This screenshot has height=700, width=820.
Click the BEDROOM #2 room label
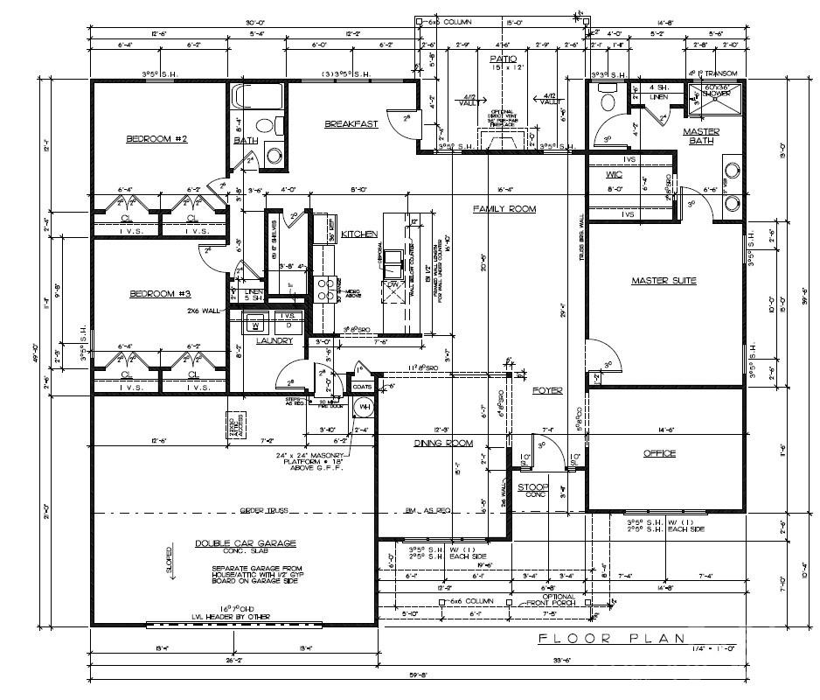pos(157,139)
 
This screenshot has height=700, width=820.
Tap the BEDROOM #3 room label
pos(160,294)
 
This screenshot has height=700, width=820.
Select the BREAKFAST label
pos(351,124)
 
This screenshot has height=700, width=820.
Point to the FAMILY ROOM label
pos(504,209)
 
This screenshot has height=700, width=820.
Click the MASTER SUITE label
pos(664,281)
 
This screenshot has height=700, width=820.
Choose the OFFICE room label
pos(660,453)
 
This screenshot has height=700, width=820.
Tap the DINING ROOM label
pos(443,444)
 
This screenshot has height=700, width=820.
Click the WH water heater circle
pos(362,409)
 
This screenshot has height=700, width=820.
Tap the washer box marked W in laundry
pos(255,322)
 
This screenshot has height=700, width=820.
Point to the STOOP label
pos(533,486)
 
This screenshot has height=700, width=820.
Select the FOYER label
pos(547,390)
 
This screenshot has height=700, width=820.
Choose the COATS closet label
pos(362,386)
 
